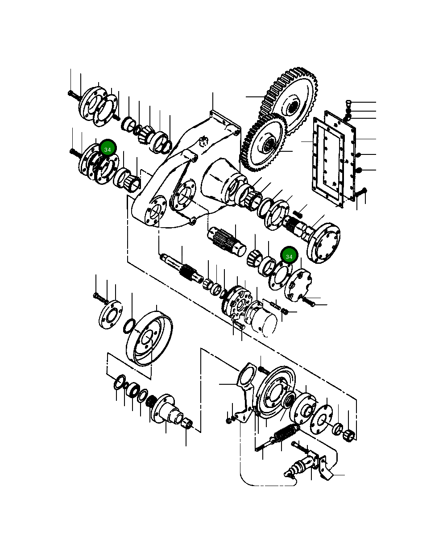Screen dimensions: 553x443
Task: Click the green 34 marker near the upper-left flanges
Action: [x=107, y=149]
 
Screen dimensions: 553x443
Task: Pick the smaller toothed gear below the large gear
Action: [x=263, y=143]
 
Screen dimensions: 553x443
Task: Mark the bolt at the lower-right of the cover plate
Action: [x=361, y=193]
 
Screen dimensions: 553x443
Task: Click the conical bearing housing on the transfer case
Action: [x=219, y=181]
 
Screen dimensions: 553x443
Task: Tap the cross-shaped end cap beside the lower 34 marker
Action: [x=298, y=284]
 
